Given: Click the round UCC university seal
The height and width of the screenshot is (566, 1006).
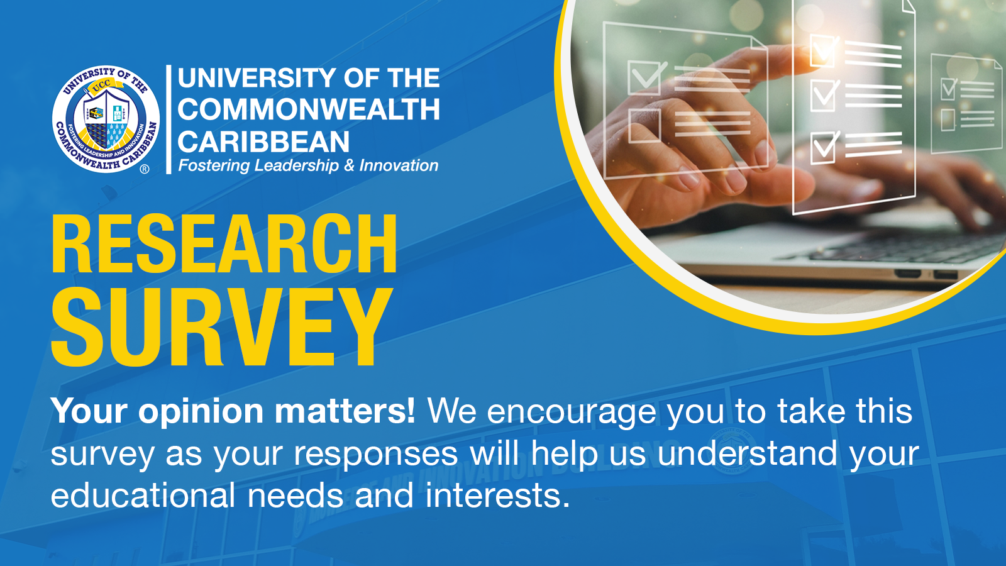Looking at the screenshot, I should pos(106,119).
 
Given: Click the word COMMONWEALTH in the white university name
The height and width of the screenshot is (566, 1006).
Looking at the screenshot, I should pos(309,109).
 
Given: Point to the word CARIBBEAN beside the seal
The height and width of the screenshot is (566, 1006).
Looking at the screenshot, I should pos(263,141).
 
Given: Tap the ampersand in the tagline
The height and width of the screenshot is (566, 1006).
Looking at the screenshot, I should pos(349,166).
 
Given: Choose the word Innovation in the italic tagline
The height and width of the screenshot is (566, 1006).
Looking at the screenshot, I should pos(399,166).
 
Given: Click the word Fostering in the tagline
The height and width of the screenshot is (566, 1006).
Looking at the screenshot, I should pos(214,166).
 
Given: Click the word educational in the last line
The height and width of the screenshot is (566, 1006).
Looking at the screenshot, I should pos(143,496).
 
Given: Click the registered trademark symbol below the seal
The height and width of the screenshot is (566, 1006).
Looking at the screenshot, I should pos(145,169).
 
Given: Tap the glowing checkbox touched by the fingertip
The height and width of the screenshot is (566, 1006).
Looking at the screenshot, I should pos(824,50).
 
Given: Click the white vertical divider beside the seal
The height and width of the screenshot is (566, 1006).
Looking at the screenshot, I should pos(169,119).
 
